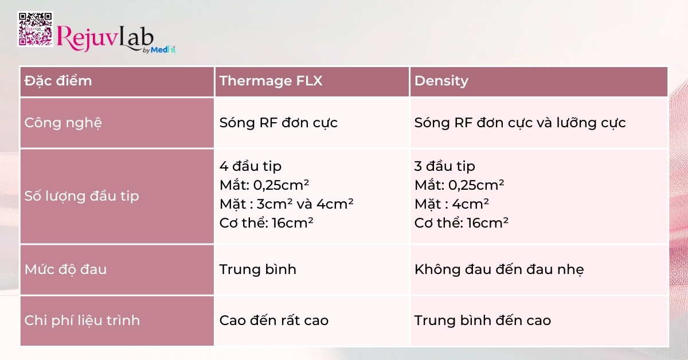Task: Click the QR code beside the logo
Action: [35, 29]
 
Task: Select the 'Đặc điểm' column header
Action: [58, 81]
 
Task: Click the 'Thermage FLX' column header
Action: [271, 81]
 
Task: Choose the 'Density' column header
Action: [441, 81]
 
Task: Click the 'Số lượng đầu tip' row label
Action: [82, 196]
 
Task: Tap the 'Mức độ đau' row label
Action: [65, 269]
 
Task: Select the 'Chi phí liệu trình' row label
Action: [82, 320]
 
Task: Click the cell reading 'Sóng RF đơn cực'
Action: [279, 123]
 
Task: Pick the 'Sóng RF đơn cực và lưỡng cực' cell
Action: [520, 123]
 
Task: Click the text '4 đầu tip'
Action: [251, 166]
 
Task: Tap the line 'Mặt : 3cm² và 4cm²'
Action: [286, 204]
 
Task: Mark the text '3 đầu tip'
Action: [445, 166]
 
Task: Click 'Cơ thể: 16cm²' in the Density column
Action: [462, 223]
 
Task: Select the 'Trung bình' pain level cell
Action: [258, 269]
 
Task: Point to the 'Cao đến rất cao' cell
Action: [274, 320]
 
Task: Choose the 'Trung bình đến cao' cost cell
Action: [483, 320]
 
